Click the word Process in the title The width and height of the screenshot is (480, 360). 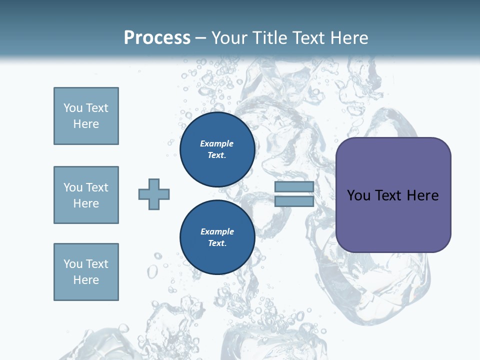tap(157, 38)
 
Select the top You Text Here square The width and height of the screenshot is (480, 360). tap(86, 116)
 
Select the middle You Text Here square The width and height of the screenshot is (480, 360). tap(86, 195)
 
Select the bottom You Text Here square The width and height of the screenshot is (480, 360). tap(86, 272)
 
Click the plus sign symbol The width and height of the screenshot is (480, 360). tap(154, 194)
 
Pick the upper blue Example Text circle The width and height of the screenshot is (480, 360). tap(217, 149)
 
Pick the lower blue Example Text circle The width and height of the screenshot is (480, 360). tap(217, 237)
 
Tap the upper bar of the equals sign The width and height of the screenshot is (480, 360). tap(294, 187)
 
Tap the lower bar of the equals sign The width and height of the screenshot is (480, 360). tap(294, 201)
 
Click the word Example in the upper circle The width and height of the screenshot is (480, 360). tap(216, 143)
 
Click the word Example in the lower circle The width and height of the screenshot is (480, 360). tap(217, 231)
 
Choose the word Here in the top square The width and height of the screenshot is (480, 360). tap(86, 124)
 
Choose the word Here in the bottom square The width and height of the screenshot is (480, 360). tap(86, 280)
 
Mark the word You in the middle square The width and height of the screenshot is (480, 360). tap(72, 187)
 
